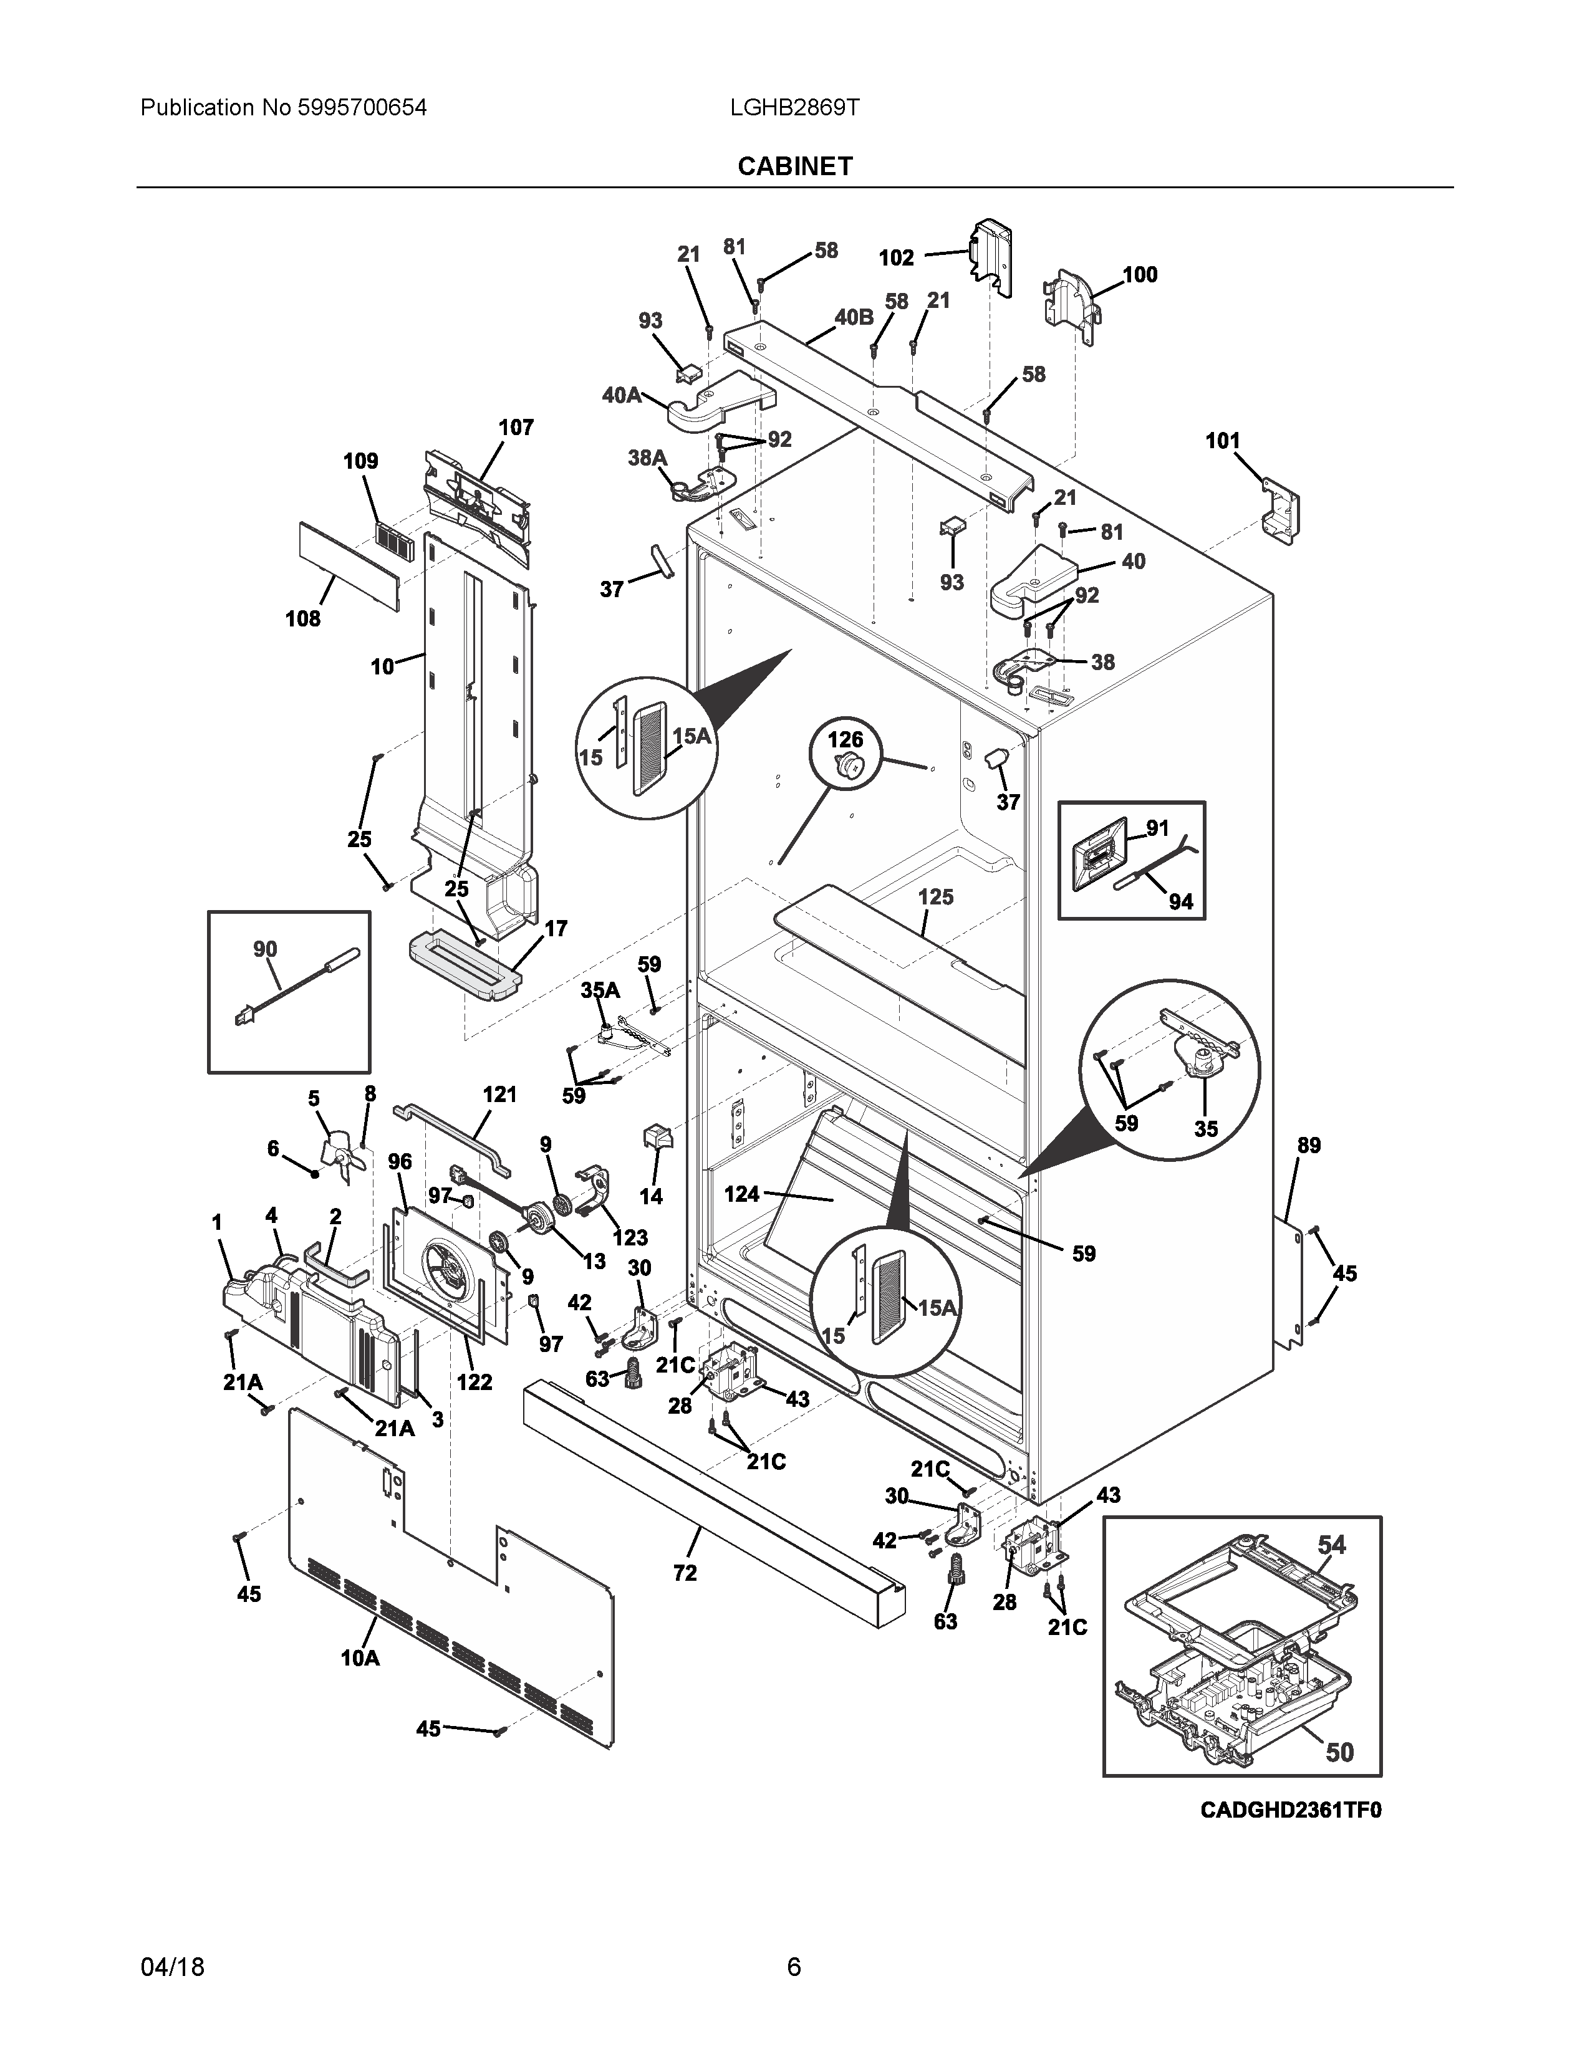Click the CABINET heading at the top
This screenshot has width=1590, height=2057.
point(794,166)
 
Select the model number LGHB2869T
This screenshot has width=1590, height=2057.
point(793,108)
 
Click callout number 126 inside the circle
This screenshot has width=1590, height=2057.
point(845,741)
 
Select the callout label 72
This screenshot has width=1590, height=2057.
point(685,1572)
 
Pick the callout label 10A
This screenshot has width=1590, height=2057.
point(360,1657)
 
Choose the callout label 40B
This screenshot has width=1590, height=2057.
point(854,317)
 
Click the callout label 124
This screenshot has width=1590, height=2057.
point(741,1194)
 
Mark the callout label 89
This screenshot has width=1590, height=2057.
point(1308,1145)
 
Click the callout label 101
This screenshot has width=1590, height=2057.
point(1223,441)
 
